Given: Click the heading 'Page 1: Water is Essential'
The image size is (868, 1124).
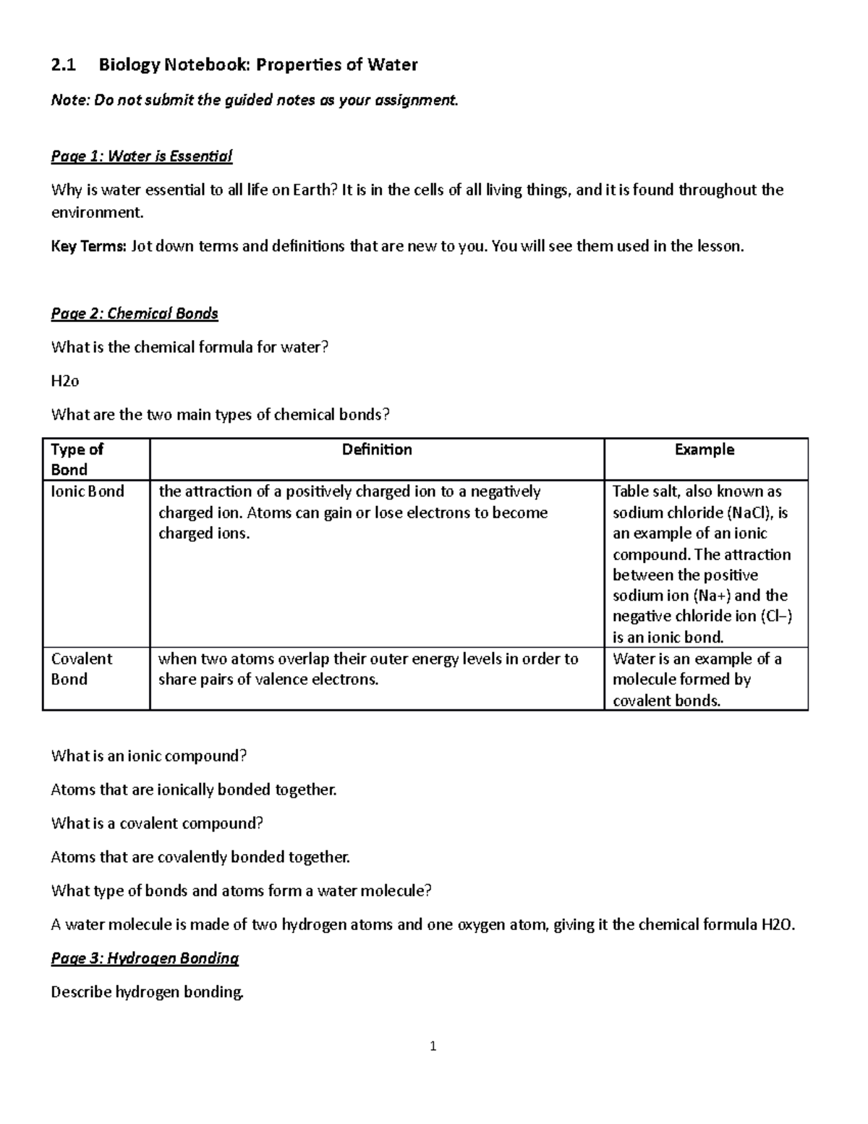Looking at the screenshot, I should pyautogui.click(x=141, y=156).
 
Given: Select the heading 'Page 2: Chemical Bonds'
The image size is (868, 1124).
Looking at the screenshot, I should pyautogui.click(x=135, y=313).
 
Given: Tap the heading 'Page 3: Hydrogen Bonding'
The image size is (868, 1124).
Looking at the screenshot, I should pyautogui.click(x=145, y=958).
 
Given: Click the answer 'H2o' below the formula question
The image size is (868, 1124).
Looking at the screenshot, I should pyautogui.click(x=64, y=381).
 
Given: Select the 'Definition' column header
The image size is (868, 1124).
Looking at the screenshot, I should pyautogui.click(x=377, y=449).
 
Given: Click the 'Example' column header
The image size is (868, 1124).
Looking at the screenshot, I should pyautogui.click(x=705, y=449).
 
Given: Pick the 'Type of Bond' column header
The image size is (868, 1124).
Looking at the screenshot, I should pyautogui.click(x=77, y=459).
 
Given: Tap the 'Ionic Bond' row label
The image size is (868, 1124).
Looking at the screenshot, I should pyautogui.click(x=88, y=491).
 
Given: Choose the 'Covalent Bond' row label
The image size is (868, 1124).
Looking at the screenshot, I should pyautogui.click(x=81, y=669).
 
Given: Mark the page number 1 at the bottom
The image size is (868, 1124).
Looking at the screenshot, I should pyautogui.click(x=433, y=1046).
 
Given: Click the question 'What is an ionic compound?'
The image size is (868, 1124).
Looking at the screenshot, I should pyautogui.click(x=149, y=756).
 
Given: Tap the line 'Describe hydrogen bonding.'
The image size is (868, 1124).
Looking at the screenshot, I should pyautogui.click(x=148, y=992).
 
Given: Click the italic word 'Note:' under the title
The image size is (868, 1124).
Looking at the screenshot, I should pyautogui.click(x=70, y=101).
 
